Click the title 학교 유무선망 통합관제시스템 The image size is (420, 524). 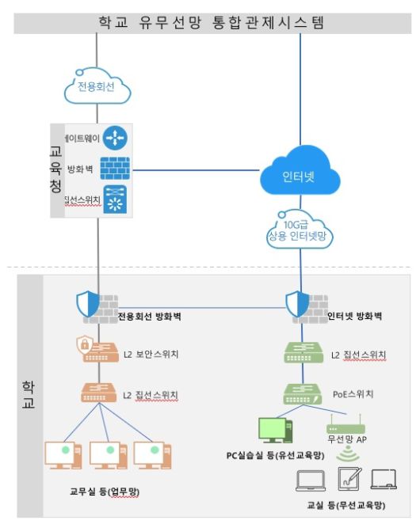209,21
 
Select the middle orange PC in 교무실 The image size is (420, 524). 108,454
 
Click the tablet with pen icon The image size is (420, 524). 349,479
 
